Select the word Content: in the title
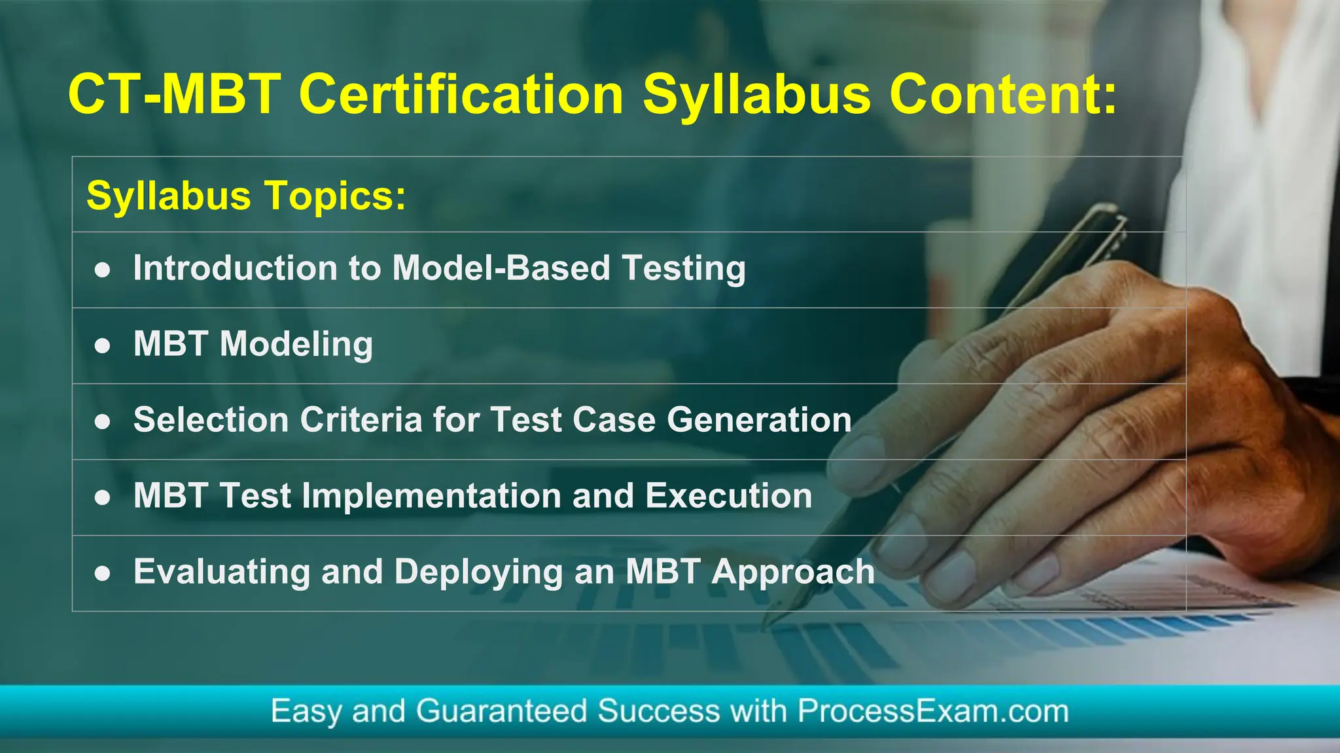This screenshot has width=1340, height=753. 1002,95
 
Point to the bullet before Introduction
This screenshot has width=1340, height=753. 102,270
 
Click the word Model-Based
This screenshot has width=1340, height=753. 501,268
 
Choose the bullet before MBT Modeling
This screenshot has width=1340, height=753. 102,346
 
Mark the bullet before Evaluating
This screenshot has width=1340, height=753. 102,574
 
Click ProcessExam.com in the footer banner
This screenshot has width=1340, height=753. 932,711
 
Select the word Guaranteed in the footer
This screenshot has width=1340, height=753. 501,711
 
